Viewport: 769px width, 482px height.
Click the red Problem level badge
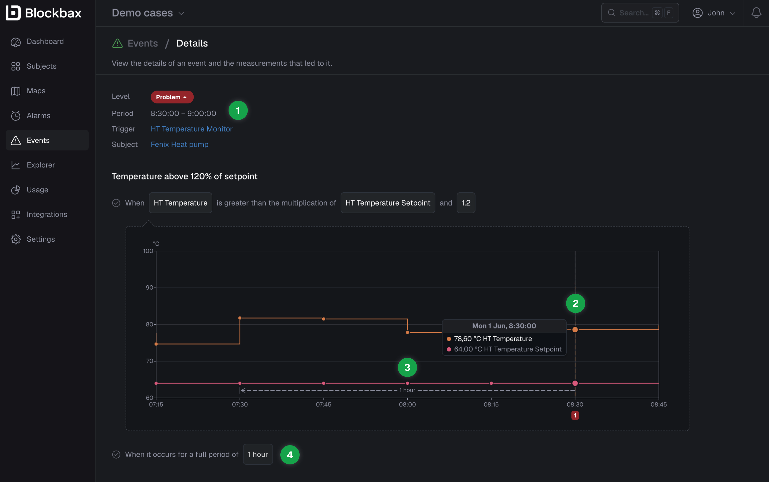[172, 97]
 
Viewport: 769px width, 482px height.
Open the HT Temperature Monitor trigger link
[191, 129]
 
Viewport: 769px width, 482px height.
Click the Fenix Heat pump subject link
[179, 144]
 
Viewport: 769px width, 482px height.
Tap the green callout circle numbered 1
[238, 110]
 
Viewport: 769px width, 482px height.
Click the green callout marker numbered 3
[407, 367]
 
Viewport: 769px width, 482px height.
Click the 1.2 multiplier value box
[466, 203]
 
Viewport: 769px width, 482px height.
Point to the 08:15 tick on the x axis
[491, 404]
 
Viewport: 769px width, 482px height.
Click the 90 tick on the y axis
[150, 288]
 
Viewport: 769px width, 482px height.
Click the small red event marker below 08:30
[575, 415]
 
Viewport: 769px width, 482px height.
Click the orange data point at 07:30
[240, 318]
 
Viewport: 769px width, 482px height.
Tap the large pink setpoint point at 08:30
[575, 383]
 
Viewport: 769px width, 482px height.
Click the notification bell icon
[756, 13]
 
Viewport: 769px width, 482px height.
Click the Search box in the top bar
[640, 13]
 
